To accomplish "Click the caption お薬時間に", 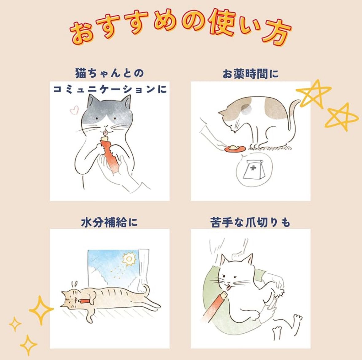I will (x=250, y=74).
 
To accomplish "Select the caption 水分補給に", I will (x=109, y=223).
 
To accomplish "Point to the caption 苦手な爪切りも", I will (x=250, y=223).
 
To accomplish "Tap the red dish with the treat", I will (x=234, y=149).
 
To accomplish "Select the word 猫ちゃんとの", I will (x=109, y=74).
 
